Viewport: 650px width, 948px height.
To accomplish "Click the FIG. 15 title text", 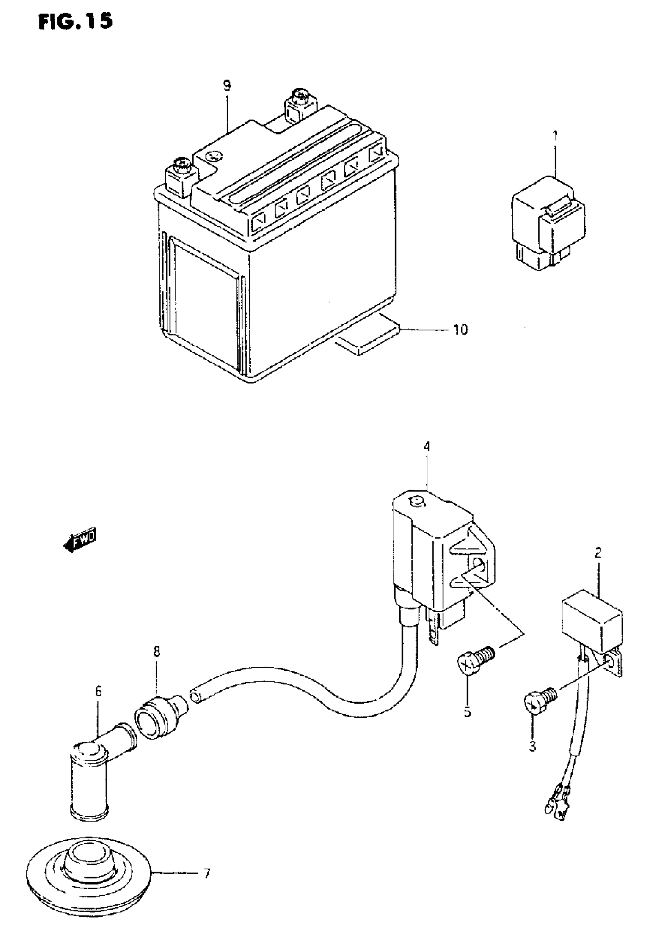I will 76,21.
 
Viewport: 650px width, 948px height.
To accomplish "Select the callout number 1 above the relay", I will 555,136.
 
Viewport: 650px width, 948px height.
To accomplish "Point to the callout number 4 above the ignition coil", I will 427,446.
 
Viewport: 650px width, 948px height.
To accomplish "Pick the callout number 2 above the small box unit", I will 598,553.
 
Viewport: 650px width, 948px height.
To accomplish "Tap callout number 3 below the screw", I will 532,746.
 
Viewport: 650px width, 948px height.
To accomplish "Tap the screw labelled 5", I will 474,668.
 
